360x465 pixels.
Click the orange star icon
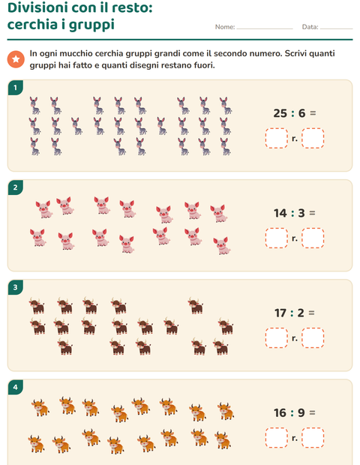(16, 59)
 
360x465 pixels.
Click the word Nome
(225, 27)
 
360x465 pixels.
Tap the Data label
(310, 27)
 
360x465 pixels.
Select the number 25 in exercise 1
(280, 113)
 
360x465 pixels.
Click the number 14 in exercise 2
(280, 213)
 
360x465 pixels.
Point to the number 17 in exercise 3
(280, 313)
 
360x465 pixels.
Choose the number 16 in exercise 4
(280, 412)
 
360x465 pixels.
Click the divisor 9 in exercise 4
(301, 412)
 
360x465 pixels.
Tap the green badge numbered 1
(15, 88)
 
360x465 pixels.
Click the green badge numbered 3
(15, 287)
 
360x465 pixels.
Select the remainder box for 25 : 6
(313, 138)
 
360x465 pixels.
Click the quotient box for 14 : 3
(277, 238)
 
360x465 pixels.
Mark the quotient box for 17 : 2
(277, 337)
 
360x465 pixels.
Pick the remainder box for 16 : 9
(313, 438)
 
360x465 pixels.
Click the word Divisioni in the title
(37, 7)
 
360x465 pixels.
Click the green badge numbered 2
(15, 187)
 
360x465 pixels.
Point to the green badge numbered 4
(15, 387)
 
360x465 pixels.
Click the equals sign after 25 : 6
(313, 113)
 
